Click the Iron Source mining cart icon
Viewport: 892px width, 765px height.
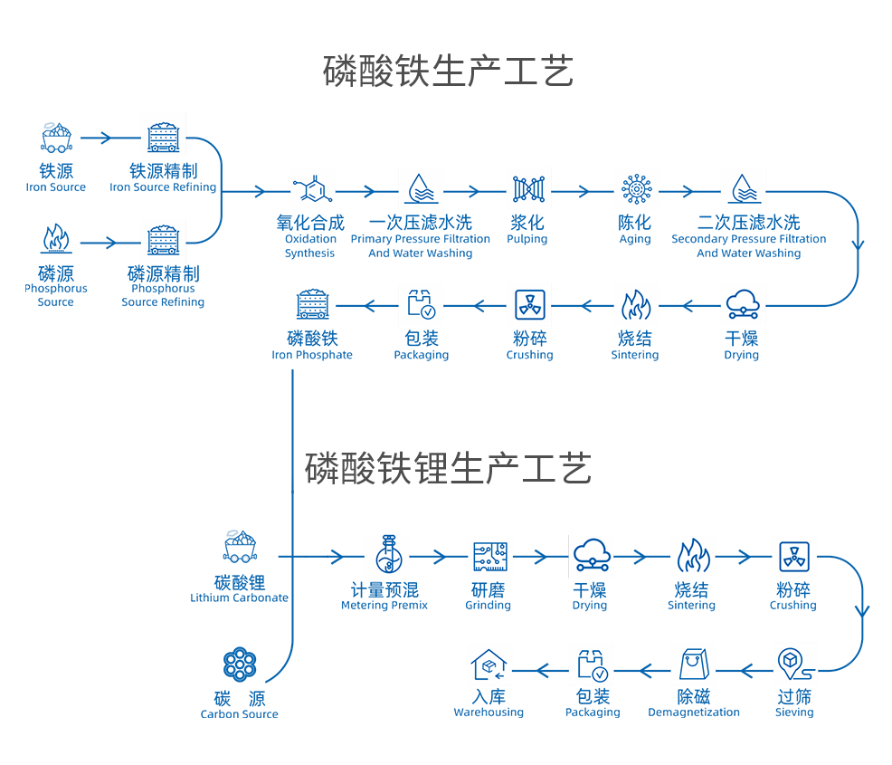coord(56,138)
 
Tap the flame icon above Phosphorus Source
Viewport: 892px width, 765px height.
coord(56,240)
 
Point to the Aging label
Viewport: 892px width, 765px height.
coord(634,230)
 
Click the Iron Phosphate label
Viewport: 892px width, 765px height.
coord(312,346)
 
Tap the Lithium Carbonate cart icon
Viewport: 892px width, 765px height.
coord(240,546)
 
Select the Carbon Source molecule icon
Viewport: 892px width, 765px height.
coord(240,665)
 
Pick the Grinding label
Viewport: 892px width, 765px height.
coord(488,597)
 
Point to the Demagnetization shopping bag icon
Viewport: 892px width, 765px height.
coord(693,665)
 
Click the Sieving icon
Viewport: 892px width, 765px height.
coord(793,665)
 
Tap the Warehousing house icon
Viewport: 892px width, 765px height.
coord(489,666)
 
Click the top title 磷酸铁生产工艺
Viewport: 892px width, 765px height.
coord(448,72)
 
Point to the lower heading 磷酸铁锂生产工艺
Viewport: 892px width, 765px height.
coord(448,468)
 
